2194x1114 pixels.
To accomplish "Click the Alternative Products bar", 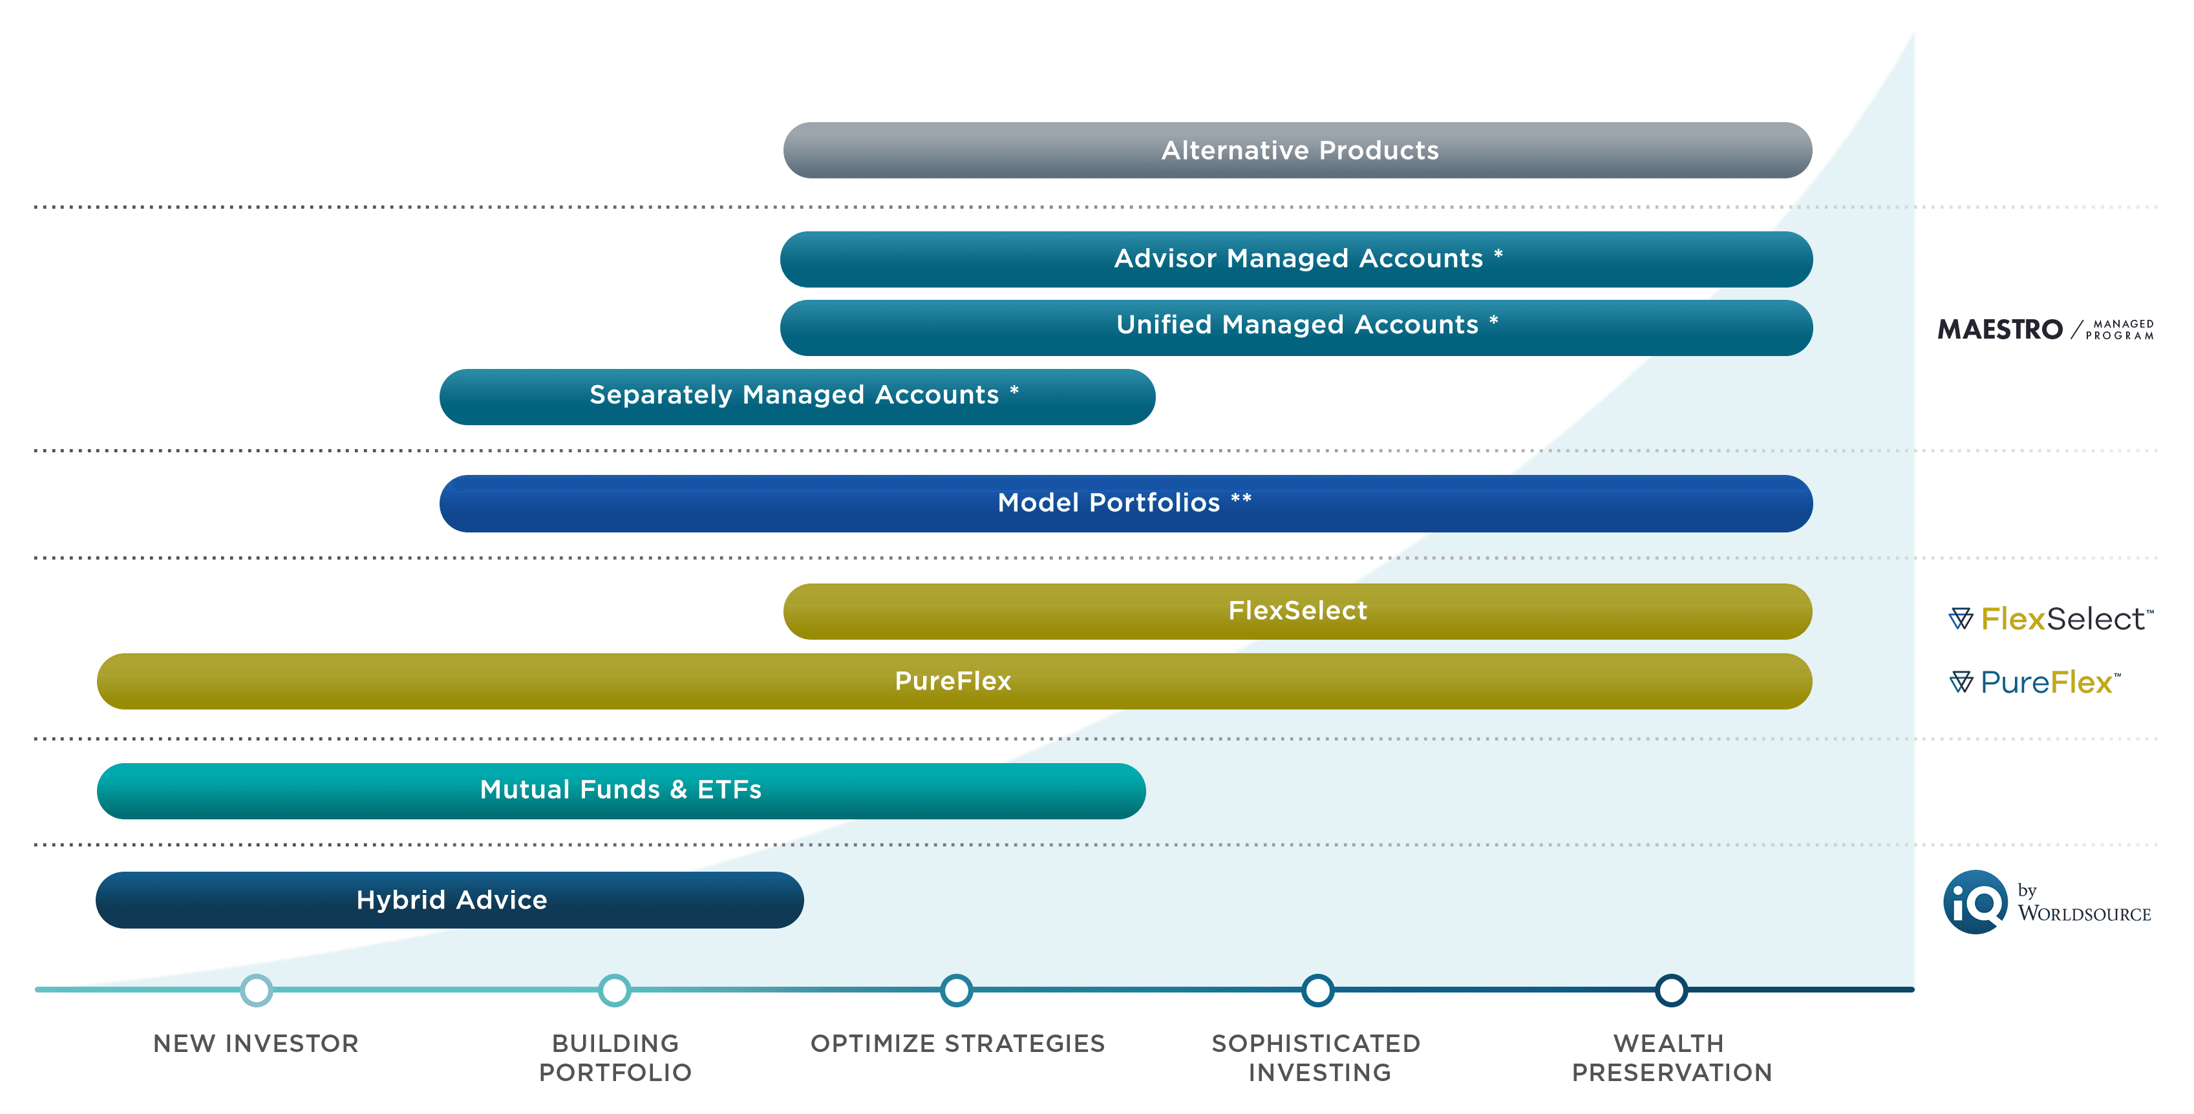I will point(1297,150).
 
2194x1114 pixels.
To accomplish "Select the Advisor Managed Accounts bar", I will point(1295,259).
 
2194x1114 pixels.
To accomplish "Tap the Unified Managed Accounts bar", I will point(1295,327).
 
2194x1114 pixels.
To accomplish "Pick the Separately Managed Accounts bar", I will point(796,396).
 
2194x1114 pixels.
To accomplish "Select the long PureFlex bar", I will point(954,680).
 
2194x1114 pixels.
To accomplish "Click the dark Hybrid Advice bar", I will point(450,899).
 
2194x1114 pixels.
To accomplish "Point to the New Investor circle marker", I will point(257,990).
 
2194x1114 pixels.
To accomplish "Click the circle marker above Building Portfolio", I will point(614,990).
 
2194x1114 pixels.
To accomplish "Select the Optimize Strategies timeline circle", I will point(957,990).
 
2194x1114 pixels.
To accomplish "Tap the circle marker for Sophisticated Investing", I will point(1317,990).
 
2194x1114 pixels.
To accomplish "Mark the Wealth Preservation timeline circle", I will point(1671,990).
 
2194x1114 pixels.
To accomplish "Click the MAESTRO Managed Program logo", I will point(2045,329).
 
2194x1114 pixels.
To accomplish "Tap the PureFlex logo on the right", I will point(2036,682).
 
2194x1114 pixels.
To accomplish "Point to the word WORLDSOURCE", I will point(2084,914).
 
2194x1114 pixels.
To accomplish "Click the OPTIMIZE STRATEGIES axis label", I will point(957,1044).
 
